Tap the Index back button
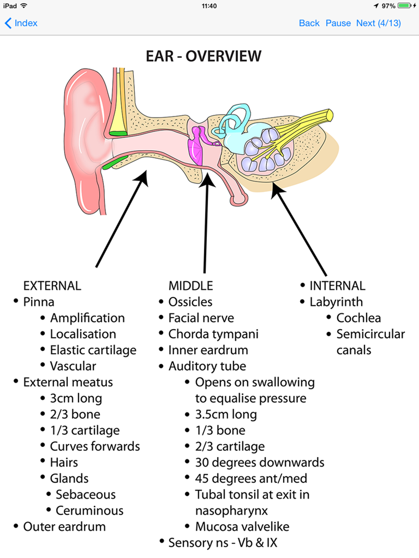click(x=21, y=23)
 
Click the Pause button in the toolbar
click(x=338, y=23)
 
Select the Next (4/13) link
click(x=378, y=23)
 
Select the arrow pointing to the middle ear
click(x=206, y=222)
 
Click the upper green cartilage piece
click(x=118, y=133)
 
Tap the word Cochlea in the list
click(x=358, y=318)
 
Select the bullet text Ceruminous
click(x=89, y=511)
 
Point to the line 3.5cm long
click(x=226, y=414)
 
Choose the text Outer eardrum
click(x=64, y=527)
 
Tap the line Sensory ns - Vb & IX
click(x=223, y=543)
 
